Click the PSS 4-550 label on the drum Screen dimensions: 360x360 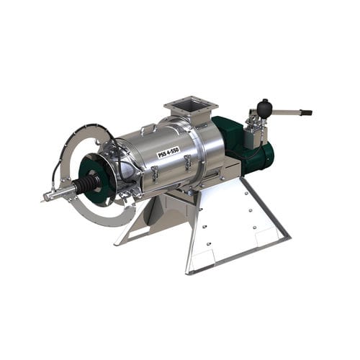pyautogui.click(x=168, y=152)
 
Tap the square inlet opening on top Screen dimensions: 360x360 pyautogui.click(x=190, y=106)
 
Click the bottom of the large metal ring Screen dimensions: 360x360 pyautogui.click(x=108, y=222)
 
